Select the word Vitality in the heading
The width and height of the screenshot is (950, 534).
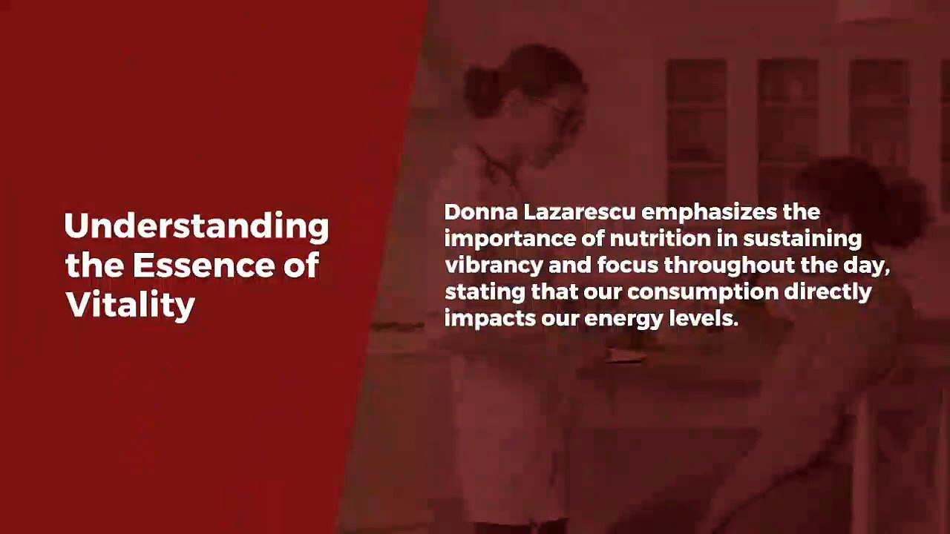point(130,305)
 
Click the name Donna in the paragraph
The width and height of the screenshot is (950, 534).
point(480,212)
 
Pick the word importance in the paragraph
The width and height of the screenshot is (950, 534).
point(511,239)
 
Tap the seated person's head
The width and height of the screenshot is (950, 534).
point(846,197)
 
